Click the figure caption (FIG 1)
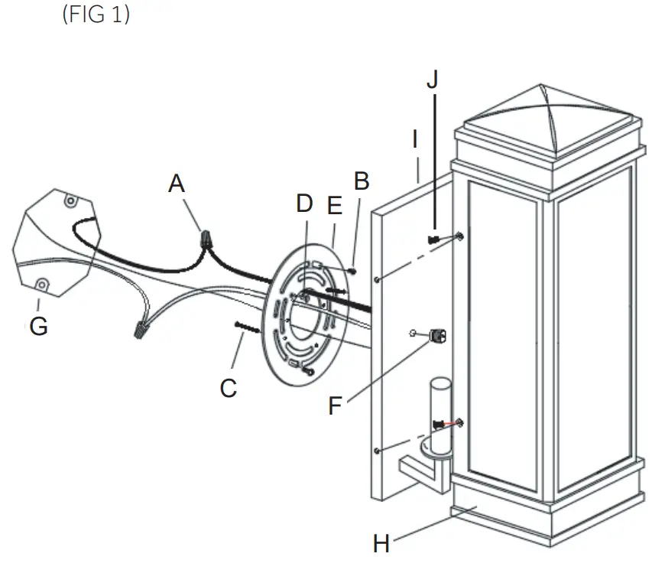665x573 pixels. (95, 15)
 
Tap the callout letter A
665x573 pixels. (177, 184)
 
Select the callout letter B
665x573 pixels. (362, 181)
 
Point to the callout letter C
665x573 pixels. (228, 388)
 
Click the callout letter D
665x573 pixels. (304, 203)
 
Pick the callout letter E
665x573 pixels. (334, 206)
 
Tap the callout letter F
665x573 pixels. (335, 405)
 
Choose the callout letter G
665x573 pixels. (37, 327)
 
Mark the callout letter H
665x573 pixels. (381, 544)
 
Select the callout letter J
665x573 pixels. (433, 80)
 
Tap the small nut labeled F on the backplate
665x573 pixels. (438, 334)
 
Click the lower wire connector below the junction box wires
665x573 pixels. (140, 331)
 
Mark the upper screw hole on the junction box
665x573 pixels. (70, 201)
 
